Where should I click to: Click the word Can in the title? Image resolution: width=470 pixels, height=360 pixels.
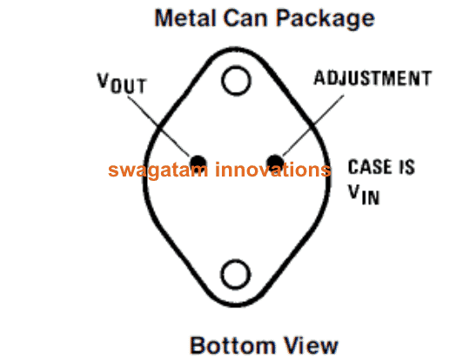click(245, 18)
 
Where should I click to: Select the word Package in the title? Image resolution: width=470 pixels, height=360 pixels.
click(325, 19)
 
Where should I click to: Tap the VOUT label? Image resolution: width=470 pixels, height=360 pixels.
click(122, 83)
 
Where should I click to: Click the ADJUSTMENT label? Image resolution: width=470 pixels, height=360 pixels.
click(373, 78)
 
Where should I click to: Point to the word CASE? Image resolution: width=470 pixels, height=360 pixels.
click(369, 167)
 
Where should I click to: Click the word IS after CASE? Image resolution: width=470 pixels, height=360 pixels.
click(406, 167)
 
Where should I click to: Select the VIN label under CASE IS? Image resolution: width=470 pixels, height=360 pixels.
click(364, 195)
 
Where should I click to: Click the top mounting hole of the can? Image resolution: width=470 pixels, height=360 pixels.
click(236, 81)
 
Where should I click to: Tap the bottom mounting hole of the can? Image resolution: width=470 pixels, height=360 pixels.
click(236, 274)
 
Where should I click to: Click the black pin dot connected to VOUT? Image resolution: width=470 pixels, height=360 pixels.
click(198, 163)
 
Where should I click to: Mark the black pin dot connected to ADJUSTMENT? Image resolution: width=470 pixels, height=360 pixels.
click(275, 163)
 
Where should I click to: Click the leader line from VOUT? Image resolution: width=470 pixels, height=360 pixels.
click(159, 126)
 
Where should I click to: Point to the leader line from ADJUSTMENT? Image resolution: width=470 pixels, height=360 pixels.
click(313, 126)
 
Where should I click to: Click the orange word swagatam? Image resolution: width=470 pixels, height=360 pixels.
click(158, 170)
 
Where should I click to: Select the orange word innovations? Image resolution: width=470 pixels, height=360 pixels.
click(273, 170)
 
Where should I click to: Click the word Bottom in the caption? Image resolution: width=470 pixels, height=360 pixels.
click(232, 345)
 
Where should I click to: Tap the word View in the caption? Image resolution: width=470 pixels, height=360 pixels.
click(311, 345)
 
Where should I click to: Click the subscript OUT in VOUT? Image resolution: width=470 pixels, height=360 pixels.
click(129, 86)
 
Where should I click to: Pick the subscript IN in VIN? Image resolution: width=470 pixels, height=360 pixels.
click(371, 197)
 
